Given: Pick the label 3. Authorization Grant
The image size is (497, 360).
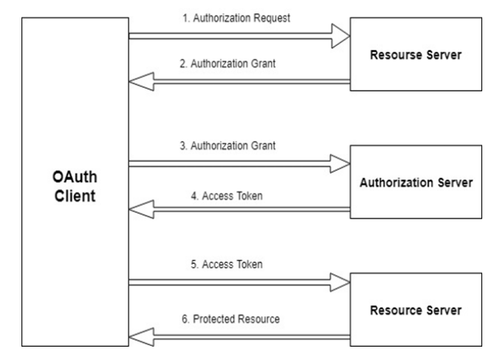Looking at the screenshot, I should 238,146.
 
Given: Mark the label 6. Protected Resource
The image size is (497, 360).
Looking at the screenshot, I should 238,319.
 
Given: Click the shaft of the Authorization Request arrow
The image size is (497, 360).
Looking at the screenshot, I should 229,35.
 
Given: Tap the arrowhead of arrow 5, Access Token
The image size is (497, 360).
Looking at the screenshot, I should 340,280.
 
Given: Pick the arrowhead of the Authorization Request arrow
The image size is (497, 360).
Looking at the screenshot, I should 340,35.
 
